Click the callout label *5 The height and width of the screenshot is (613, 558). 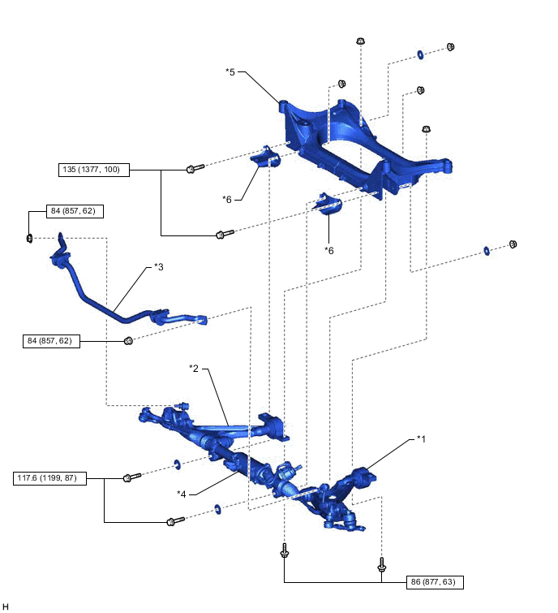click(230, 72)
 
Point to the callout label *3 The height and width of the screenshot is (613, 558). click(158, 267)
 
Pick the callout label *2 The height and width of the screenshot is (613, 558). click(194, 369)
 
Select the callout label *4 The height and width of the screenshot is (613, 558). click(181, 494)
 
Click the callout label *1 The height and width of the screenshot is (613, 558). click(421, 439)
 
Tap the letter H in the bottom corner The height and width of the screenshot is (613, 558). click(6, 607)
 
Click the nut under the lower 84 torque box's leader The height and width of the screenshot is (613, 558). click(128, 341)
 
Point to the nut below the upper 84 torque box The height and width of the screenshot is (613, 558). click(29, 238)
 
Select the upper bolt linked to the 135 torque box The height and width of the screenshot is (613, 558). click(195, 169)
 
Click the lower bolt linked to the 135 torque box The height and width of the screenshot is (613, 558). click(225, 234)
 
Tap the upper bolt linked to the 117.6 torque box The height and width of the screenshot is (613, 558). click(132, 477)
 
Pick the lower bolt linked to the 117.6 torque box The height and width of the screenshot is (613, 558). click(175, 521)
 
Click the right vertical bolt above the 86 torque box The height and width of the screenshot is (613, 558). click(382, 564)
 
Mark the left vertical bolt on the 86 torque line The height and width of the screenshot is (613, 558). click(285, 550)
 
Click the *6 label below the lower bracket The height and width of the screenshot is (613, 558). click(329, 251)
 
